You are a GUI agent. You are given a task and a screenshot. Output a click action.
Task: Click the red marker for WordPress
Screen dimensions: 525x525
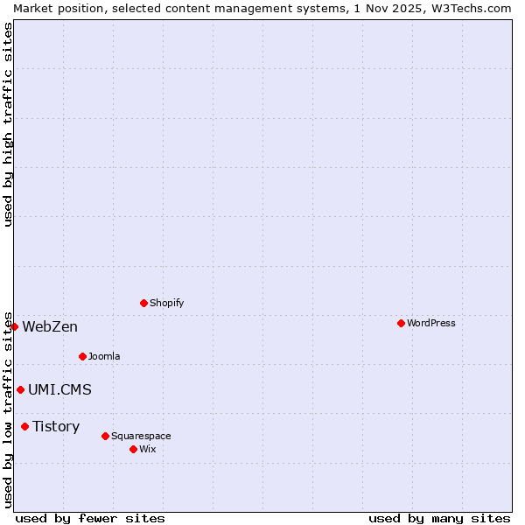(401, 323)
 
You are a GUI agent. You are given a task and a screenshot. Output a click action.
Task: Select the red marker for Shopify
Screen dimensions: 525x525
(143, 303)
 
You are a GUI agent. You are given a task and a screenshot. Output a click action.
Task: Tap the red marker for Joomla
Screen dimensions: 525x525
(82, 356)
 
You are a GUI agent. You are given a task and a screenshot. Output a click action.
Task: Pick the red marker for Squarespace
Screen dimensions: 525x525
(105, 436)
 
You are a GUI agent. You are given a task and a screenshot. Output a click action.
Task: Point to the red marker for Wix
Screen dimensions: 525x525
(133, 449)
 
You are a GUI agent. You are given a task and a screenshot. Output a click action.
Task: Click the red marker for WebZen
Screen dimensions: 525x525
(14, 326)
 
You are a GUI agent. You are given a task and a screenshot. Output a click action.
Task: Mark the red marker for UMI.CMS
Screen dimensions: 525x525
(20, 389)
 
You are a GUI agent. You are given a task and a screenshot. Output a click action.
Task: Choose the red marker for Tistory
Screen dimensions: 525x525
(24, 426)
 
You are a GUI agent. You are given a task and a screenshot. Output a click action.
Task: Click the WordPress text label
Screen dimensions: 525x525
(431, 323)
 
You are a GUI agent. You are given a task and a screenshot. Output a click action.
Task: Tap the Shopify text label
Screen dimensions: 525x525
(166, 303)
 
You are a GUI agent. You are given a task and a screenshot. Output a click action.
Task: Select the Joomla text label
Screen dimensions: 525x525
(104, 356)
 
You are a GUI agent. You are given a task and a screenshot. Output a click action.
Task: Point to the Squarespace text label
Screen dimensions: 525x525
(141, 436)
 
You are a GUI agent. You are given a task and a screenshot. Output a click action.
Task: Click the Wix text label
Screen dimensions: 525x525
(148, 449)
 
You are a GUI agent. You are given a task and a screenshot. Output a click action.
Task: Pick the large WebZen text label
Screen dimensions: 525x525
(50, 327)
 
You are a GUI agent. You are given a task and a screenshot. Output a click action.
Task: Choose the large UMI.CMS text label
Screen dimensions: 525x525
(59, 390)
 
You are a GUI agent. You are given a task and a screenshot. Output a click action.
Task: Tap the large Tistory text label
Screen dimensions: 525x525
(56, 427)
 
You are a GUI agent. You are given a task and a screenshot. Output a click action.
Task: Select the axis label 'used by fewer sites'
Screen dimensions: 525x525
(90, 518)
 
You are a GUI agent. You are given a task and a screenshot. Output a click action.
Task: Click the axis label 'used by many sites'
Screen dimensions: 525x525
(439, 518)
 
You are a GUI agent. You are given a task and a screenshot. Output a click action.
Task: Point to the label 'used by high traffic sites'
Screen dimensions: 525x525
(8, 124)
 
